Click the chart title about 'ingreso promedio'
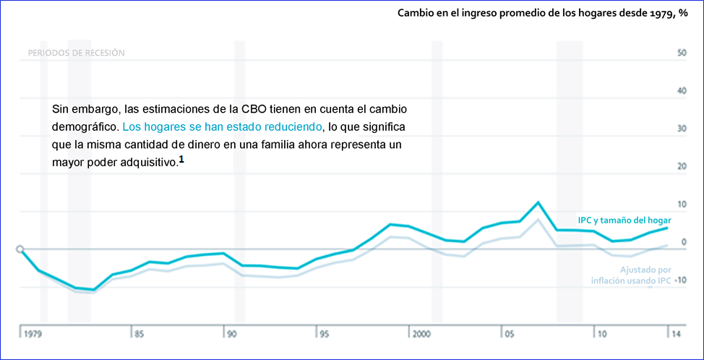coord(542,13)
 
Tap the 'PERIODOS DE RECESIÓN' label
coord(76,53)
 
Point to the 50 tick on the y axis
coord(682,53)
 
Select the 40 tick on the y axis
coord(682,90)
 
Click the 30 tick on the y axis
coord(682,129)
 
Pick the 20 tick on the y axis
coord(682,166)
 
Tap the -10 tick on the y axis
coord(680,280)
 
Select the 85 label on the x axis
coord(138,335)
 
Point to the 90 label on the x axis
coord(231,335)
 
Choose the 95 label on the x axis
coord(325,335)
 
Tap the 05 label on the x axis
coord(510,335)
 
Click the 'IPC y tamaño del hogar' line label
coord(624,220)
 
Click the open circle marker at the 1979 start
coord(20,249)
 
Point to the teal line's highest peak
coord(538,202)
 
